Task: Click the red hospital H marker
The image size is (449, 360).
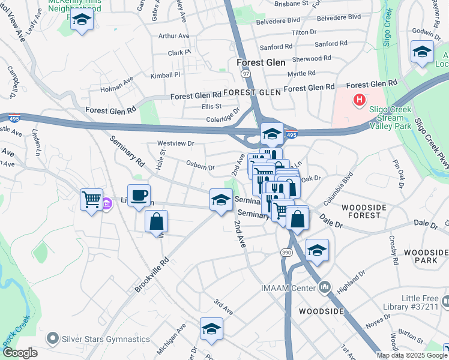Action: (360, 100)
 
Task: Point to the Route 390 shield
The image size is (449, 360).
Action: (287, 254)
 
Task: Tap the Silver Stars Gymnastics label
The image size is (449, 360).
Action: (106, 339)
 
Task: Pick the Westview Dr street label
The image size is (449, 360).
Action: (176, 143)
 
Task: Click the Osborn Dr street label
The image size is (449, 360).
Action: (200, 167)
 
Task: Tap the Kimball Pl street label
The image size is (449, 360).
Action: (165, 75)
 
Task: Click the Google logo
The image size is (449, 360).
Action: (20, 353)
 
